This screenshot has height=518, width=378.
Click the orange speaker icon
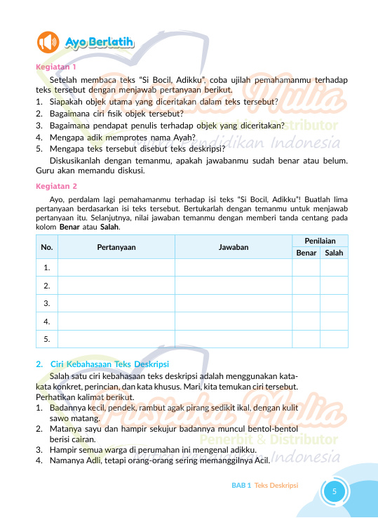(x=48, y=44)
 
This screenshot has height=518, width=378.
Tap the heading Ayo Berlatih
(x=100, y=44)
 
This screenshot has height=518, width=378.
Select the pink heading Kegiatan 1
(x=55, y=67)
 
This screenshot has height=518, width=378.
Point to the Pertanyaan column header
(x=116, y=247)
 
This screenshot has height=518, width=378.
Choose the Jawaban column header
(x=233, y=247)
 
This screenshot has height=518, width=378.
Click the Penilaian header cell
(x=319, y=241)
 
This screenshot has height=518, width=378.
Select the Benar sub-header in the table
(x=306, y=253)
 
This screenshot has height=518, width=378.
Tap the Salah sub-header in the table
(x=334, y=253)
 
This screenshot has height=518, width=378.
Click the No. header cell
(x=47, y=247)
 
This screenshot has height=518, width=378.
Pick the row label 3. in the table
(x=47, y=303)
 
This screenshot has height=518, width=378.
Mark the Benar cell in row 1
(x=306, y=267)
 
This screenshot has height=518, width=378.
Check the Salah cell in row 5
(x=334, y=339)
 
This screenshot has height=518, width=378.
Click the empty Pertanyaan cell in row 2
(x=116, y=286)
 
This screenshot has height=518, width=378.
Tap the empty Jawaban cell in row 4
(x=233, y=321)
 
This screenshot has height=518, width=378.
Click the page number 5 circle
(x=335, y=491)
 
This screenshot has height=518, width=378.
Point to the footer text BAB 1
(x=241, y=485)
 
